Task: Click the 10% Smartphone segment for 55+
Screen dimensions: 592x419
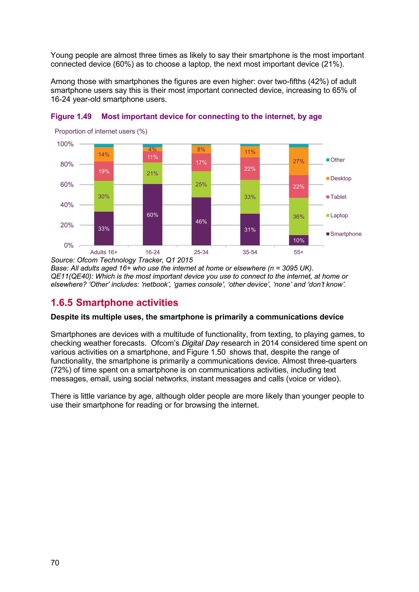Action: [x=298, y=240]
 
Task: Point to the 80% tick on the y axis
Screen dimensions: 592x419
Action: [x=67, y=164]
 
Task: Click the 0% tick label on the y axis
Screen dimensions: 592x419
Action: [x=69, y=245]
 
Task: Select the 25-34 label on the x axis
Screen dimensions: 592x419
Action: [x=201, y=252]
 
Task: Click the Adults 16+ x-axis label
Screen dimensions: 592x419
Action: [x=104, y=252]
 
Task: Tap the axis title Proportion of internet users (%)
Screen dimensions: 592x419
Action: [x=101, y=131]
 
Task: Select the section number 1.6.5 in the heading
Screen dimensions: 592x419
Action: [x=62, y=303]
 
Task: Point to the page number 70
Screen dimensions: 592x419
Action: [x=55, y=563]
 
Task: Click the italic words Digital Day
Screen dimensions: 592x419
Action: [x=200, y=343]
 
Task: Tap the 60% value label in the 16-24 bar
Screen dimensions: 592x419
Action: [x=152, y=215]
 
